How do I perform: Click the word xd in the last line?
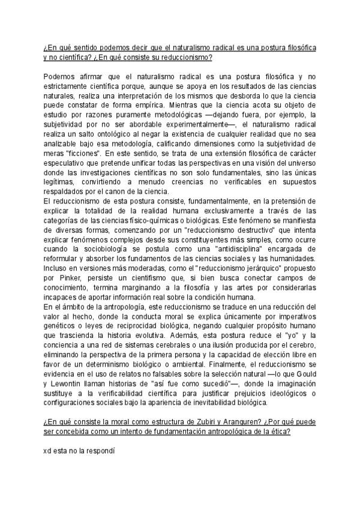[x=47, y=448]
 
